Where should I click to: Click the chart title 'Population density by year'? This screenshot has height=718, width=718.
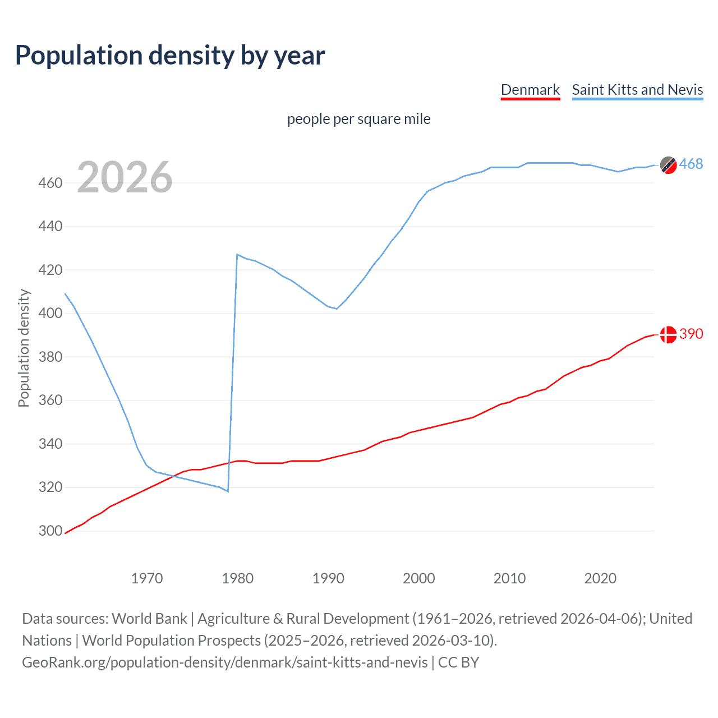[170, 56]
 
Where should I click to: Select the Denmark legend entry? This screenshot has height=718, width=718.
[530, 90]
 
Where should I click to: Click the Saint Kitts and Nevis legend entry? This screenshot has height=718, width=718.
[637, 90]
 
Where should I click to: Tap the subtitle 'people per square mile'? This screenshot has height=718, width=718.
[358, 119]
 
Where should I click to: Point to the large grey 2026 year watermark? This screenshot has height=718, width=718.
[125, 177]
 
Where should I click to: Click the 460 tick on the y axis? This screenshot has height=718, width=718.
[50, 183]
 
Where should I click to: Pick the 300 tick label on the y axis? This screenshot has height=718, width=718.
[50, 531]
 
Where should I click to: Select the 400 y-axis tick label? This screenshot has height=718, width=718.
[50, 313]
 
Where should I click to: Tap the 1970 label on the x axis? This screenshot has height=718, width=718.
[147, 578]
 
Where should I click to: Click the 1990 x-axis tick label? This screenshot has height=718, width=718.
[328, 578]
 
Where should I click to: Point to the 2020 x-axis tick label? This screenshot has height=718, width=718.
[600, 578]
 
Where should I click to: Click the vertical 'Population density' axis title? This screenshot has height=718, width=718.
[24, 348]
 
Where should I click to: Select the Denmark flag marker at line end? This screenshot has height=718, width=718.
[668, 334]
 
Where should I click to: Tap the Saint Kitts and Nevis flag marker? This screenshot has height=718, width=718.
[668, 165]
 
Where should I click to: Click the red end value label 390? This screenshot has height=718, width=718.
[691, 334]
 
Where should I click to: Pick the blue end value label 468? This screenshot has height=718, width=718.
[691, 164]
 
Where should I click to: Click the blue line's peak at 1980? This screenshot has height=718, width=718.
[237, 255]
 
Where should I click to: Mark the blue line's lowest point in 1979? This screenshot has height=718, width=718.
[228, 491]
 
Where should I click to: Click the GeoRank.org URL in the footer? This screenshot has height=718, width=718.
[225, 662]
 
